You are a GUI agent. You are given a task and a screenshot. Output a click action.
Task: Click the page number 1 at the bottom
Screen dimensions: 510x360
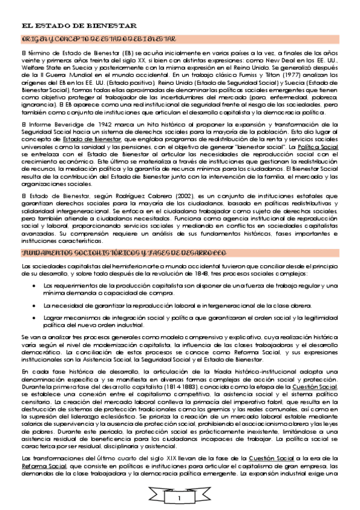179,499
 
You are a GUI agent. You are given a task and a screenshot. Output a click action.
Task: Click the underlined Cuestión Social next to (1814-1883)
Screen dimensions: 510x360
322,389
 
